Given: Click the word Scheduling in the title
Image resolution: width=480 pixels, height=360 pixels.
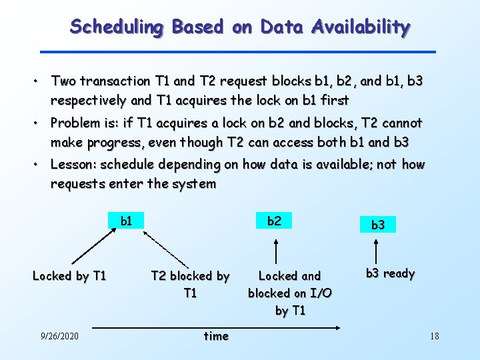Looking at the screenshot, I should tap(117, 27).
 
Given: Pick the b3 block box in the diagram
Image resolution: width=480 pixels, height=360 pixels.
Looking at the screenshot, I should tap(377, 225).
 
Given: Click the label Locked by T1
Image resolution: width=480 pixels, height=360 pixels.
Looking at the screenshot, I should tap(69, 275).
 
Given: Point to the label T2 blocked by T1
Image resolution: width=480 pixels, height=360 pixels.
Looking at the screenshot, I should tap(190, 284).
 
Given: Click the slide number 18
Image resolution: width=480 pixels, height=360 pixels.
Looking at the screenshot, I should tap(434, 336).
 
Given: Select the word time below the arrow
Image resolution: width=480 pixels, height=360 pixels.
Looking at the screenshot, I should tap(215, 336).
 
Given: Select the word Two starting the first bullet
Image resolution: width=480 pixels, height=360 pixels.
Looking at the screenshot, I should tap(63, 81).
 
